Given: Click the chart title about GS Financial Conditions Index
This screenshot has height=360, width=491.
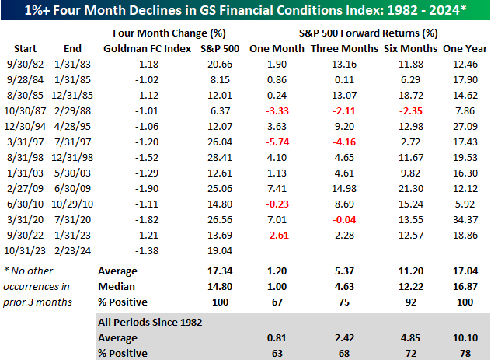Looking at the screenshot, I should [245, 10].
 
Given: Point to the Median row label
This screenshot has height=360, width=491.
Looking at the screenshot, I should [113, 286].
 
